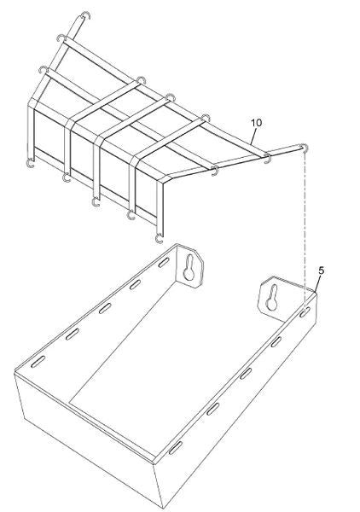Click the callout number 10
click(256, 123)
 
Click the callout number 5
click(321, 271)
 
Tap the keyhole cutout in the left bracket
click(189, 267)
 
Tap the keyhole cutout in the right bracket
click(272, 298)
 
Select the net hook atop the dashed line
click(305, 148)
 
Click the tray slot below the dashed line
click(305, 312)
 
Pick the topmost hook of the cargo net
click(85, 15)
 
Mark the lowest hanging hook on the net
click(159, 239)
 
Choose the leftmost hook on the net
click(30, 163)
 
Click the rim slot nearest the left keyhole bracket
click(164, 263)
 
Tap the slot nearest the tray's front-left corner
click(38, 362)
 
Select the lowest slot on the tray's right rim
click(175, 448)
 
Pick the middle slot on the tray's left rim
click(105, 308)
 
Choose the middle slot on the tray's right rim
click(246, 374)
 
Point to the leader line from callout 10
click(253, 137)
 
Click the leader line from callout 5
click(317, 283)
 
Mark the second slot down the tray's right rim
click(276, 341)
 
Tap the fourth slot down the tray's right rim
click(212, 409)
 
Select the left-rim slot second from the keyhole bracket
click(135, 285)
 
